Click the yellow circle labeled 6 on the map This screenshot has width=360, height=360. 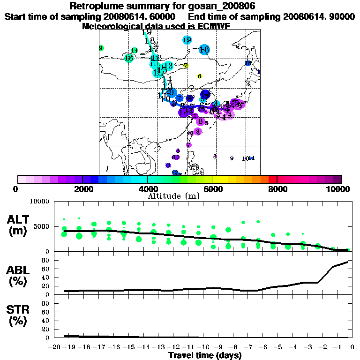[x=200, y=76]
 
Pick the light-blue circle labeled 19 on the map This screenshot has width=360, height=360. [x=187, y=40]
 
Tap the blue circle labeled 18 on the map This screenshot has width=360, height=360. [x=204, y=49]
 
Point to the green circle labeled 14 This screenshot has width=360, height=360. [x=135, y=51]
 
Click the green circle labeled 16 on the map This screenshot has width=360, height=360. [x=129, y=58]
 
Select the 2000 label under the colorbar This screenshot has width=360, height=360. [x=82, y=189]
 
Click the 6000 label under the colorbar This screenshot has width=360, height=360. [x=212, y=189]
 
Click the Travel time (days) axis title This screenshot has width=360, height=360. [x=205, y=356]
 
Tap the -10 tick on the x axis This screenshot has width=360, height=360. [x=205, y=347]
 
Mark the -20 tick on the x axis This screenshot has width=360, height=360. [x=56, y=347]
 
